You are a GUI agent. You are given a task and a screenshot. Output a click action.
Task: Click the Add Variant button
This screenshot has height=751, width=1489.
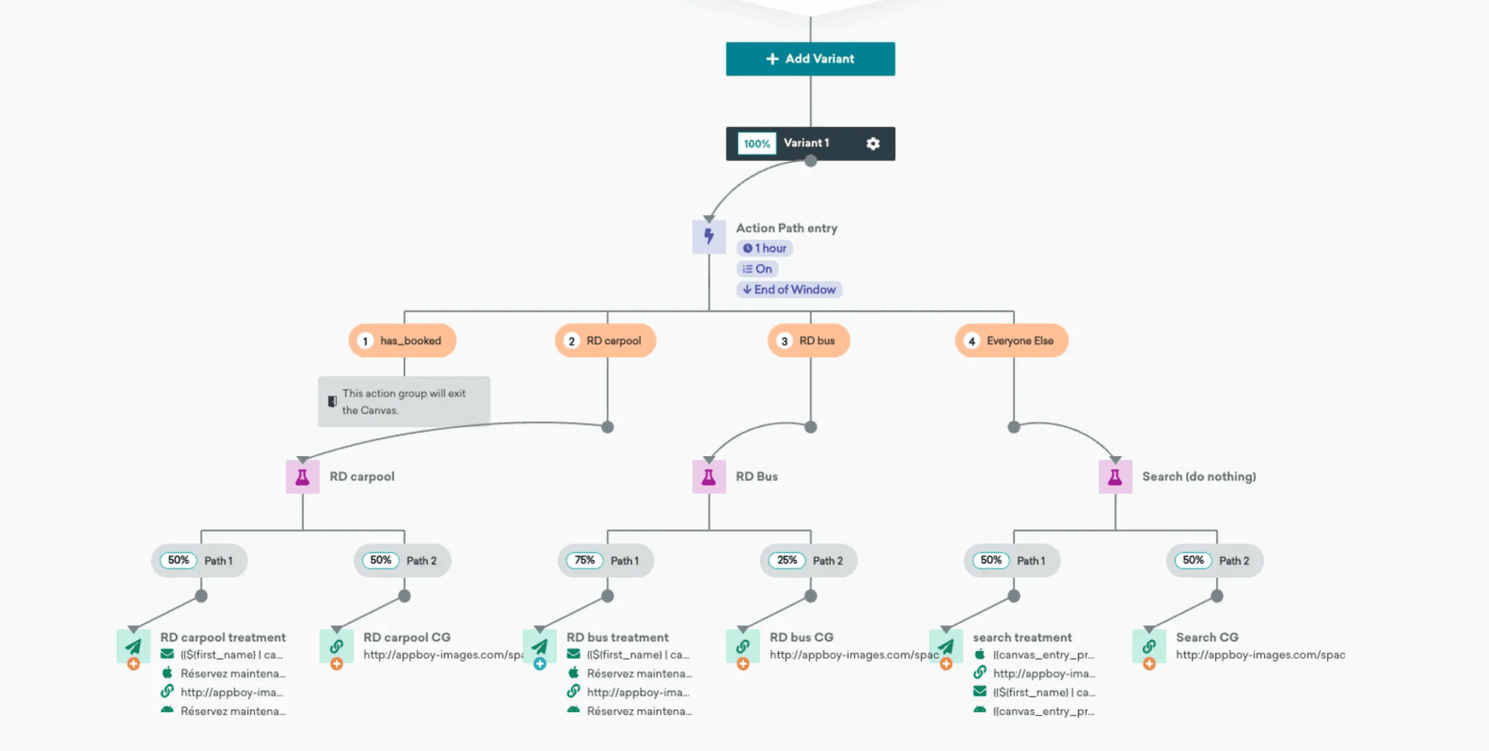pos(810,59)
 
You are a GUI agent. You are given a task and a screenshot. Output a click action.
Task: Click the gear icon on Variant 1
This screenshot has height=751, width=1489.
pos(872,144)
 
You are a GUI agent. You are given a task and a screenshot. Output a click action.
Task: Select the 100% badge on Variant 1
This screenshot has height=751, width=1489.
pos(756,144)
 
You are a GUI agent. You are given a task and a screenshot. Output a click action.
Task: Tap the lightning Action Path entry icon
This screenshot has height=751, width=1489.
pos(709,237)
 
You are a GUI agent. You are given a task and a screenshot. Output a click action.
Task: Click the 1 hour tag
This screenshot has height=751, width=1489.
pos(765,248)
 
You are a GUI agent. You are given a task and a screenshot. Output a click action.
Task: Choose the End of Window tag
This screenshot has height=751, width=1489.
pos(789,289)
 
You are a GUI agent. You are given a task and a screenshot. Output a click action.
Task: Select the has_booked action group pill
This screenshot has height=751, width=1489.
pos(402,341)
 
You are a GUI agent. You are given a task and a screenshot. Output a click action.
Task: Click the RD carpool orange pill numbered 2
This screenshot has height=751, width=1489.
pos(606,341)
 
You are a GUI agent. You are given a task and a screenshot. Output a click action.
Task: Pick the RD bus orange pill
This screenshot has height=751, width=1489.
pos(809,341)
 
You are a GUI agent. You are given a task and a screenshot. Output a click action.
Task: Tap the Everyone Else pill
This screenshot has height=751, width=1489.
pos(1011,341)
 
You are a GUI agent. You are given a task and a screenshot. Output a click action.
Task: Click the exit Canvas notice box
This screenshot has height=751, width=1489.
pos(403,401)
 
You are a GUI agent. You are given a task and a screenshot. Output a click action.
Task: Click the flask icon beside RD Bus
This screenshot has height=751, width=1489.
pos(709,476)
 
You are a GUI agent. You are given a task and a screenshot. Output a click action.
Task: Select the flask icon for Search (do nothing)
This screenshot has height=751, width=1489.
pos(1115,476)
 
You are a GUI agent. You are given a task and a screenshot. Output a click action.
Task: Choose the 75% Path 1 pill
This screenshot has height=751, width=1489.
pos(606,560)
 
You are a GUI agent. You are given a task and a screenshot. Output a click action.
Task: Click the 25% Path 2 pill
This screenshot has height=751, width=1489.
pos(809,560)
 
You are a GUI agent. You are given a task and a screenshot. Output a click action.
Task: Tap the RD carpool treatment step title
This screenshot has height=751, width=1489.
pos(223,637)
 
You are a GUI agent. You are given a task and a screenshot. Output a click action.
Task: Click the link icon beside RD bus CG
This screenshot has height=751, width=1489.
pos(742,645)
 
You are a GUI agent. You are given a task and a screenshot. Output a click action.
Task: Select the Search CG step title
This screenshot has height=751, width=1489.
pos(1207,637)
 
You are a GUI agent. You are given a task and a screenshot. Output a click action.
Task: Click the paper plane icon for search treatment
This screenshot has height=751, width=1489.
pos(946,645)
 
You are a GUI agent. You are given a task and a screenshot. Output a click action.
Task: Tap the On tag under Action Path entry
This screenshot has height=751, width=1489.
pos(757,269)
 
